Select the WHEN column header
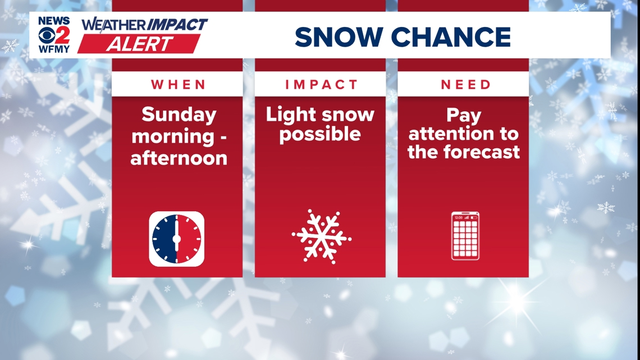177,85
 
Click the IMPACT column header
321,85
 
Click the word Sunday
179,115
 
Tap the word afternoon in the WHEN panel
179,158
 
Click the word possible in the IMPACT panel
320,135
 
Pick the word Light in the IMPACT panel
290,115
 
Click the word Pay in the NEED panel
464,116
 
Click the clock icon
176,239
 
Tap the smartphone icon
465,236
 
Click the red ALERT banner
139,44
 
